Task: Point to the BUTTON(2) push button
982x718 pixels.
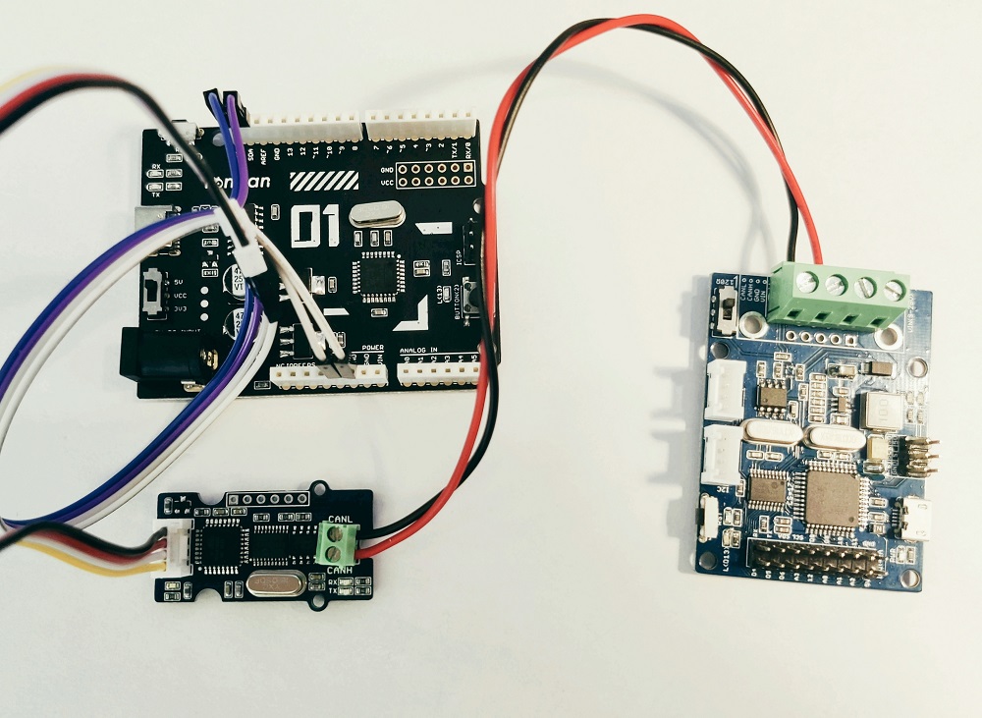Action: tap(469, 296)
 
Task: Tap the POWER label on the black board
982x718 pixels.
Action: tap(372, 348)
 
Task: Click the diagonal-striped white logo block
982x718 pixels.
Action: tap(323, 183)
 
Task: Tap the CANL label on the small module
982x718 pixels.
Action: tap(341, 520)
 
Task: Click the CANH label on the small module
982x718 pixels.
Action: tap(340, 570)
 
